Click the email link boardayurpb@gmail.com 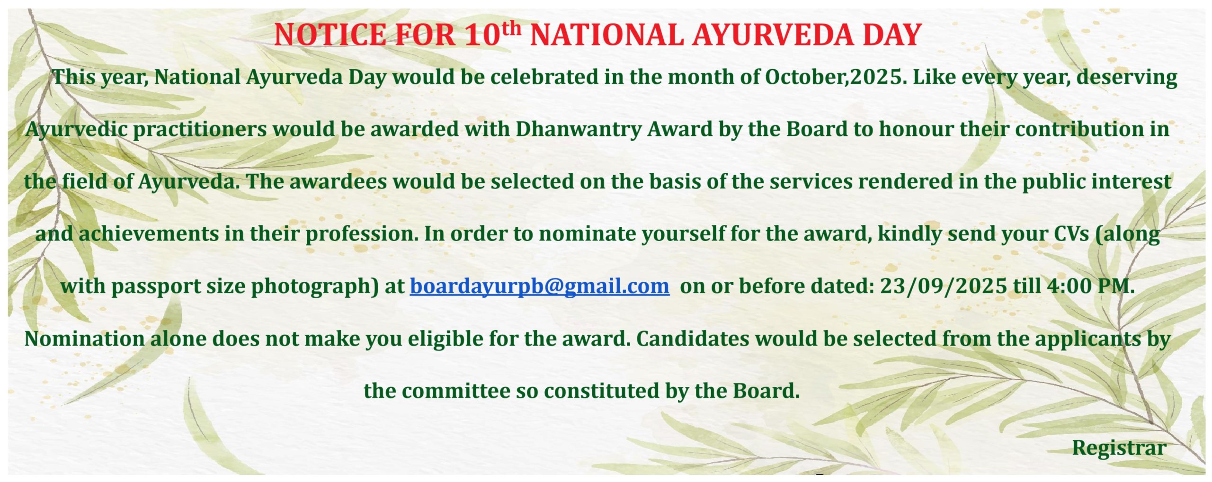[540, 286]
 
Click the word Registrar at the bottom [1119, 447]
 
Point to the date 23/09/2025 [943, 286]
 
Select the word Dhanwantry [579, 129]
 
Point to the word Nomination [85, 339]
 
